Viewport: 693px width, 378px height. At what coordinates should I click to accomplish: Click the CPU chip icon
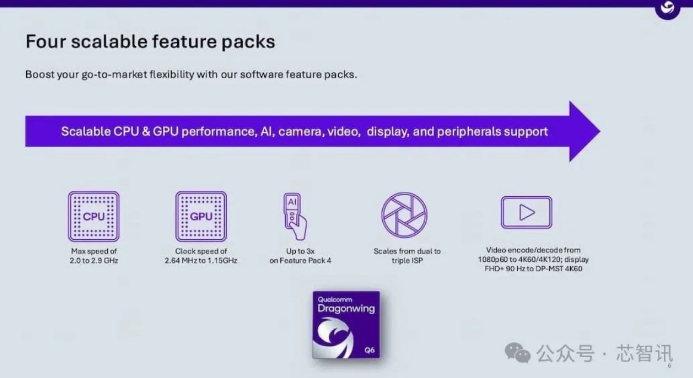[94, 216]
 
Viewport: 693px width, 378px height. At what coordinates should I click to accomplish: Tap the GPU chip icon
[201, 216]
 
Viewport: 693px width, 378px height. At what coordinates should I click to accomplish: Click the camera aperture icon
[404, 215]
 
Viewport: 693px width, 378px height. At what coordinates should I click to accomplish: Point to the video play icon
[527, 212]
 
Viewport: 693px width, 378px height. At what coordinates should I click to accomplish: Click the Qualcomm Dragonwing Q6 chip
[346, 324]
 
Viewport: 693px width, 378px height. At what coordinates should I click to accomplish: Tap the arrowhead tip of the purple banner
[600, 131]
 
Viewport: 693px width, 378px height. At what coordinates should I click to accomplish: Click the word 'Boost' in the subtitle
[40, 74]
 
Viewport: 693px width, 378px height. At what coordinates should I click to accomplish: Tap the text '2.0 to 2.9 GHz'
[94, 261]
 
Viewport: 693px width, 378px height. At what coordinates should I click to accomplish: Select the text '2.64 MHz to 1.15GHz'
[201, 261]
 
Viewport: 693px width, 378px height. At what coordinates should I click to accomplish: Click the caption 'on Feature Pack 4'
[301, 261]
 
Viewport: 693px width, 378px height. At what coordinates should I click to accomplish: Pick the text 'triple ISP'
[407, 261]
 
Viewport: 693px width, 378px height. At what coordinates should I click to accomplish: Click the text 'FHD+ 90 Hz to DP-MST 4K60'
[533, 268]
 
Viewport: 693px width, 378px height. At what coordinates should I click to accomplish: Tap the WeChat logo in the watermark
[518, 353]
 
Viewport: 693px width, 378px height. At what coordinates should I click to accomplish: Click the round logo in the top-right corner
[667, 9]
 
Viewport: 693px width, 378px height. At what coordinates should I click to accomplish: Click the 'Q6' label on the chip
[370, 350]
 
